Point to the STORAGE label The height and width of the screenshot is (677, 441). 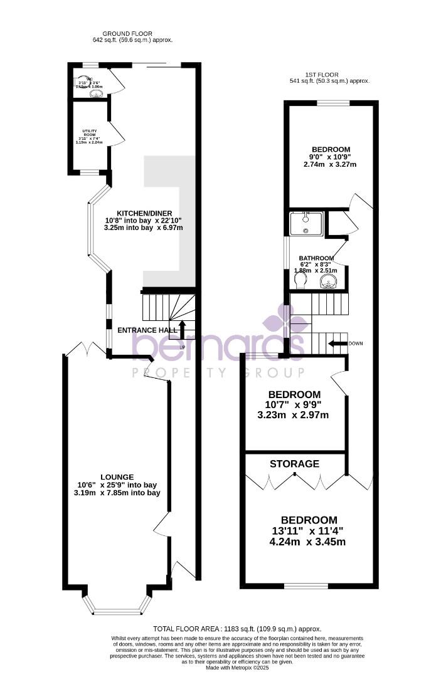[294, 464]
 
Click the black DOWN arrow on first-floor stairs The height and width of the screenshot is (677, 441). [339, 344]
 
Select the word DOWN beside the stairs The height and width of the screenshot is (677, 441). [356, 344]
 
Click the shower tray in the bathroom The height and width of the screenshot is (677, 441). [306, 223]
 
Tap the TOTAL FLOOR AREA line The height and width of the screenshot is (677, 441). [237, 629]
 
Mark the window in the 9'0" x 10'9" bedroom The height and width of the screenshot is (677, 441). [332, 103]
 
